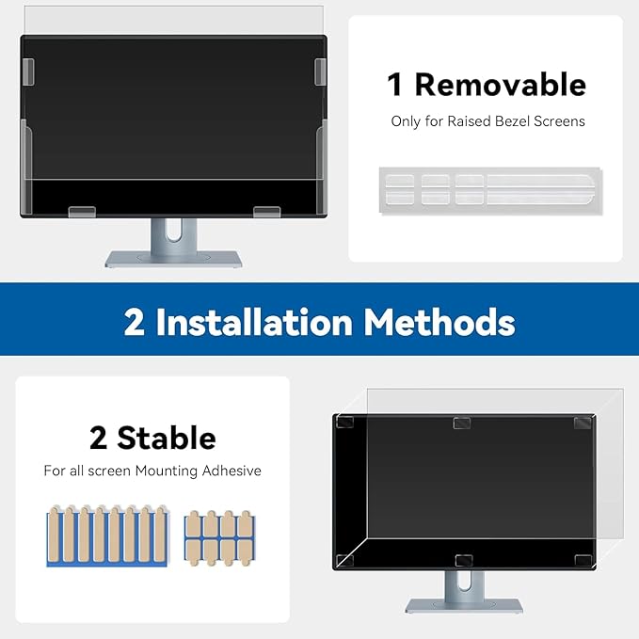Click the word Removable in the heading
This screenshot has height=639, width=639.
click(500, 85)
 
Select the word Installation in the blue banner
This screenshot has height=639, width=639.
click(254, 323)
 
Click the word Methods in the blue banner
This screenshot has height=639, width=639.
click(439, 323)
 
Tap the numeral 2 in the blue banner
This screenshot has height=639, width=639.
click(135, 323)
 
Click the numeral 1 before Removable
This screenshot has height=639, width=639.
click(396, 85)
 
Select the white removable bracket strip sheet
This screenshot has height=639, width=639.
click(489, 187)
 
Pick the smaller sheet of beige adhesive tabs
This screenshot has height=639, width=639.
click(218, 537)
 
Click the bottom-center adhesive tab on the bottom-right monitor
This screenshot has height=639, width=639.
click(463, 561)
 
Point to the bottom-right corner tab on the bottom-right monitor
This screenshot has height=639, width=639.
click(583, 561)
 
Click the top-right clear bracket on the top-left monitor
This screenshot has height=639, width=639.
click(320, 70)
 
